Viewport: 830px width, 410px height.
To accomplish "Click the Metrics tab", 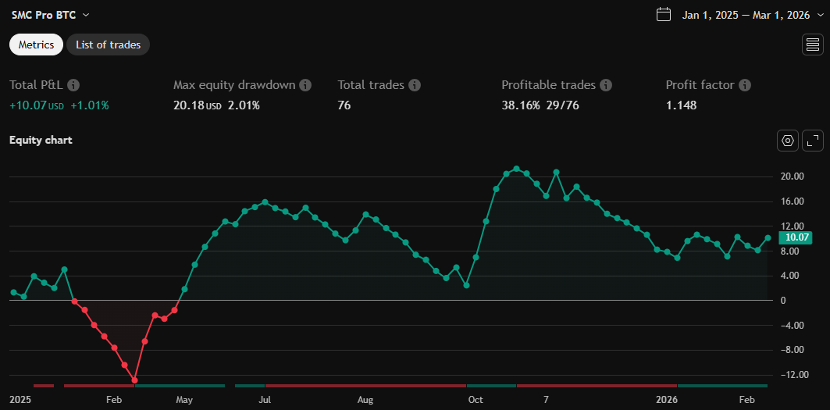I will pyautogui.click(x=36, y=45).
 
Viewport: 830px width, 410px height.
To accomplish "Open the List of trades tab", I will pyautogui.click(x=108, y=45).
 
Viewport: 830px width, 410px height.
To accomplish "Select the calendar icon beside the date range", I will pyautogui.click(x=664, y=15).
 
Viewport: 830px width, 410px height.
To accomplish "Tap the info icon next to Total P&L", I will pyautogui.click(x=73, y=84).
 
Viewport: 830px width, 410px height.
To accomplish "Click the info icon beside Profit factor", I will pyautogui.click(x=745, y=84).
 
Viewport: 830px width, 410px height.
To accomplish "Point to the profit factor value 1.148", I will pyautogui.click(x=681, y=105).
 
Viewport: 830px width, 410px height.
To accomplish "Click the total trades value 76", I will pyautogui.click(x=344, y=105).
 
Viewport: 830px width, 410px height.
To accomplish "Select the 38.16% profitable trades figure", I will pyautogui.click(x=521, y=105).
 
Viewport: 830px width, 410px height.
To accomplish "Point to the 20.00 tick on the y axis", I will pyautogui.click(x=793, y=176).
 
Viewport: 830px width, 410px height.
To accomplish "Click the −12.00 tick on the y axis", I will pyautogui.click(x=793, y=375).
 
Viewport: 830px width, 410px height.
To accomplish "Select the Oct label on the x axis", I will pyautogui.click(x=475, y=400).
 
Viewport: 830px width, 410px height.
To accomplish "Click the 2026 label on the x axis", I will pyautogui.click(x=666, y=400).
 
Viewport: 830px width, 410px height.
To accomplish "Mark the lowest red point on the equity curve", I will pyautogui.click(x=135, y=380).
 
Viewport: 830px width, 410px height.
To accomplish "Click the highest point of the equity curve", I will pyautogui.click(x=516, y=169).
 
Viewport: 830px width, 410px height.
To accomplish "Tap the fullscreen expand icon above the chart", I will pyautogui.click(x=813, y=141).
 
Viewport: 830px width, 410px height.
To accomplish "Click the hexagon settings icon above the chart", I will pyautogui.click(x=788, y=141).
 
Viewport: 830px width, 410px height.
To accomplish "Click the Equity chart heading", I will pyautogui.click(x=41, y=140).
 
